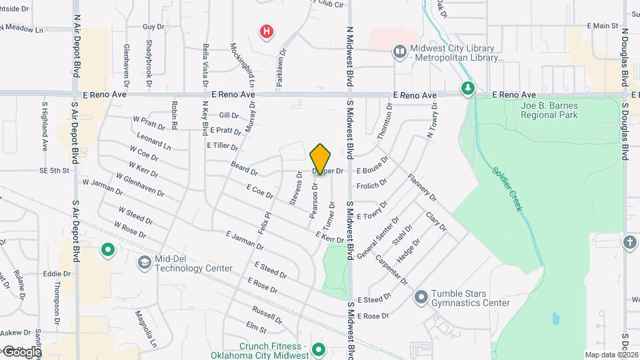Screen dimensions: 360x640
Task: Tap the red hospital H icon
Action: [x=267, y=31]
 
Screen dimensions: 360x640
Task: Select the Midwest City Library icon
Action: [x=400, y=51]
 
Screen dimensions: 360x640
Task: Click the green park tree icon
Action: [x=468, y=88]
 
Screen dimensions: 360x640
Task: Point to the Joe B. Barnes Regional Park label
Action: [x=549, y=110]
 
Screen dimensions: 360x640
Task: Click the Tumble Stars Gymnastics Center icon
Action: [x=421, y=297]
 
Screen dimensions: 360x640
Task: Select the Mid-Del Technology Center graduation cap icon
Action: [x=143, y=263]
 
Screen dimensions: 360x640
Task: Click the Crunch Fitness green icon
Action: [x=319, y=349]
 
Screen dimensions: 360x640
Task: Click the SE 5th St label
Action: [x=55, y=171]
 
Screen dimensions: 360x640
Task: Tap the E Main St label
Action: [x=603, y=25]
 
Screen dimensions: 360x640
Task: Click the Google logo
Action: [x=21, y=351]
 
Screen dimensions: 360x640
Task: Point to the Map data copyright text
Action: [x=611, y=355]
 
